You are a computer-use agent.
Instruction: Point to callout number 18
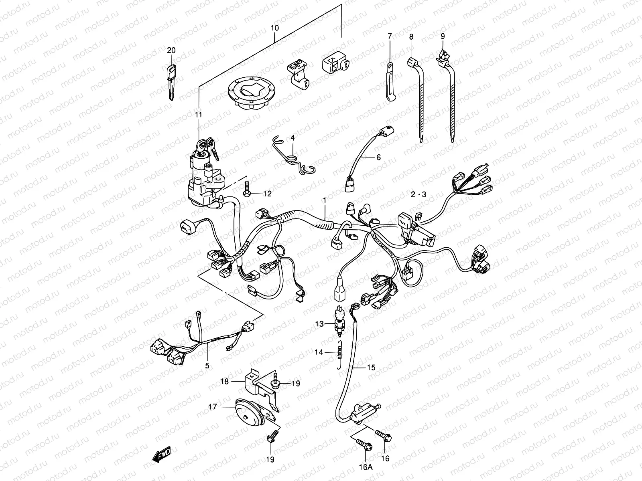click(x=224, y=382)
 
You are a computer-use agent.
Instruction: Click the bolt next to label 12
click(x=247, y=188)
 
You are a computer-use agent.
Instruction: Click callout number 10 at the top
click(x=274, y=28)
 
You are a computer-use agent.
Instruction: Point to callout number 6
click(x=378, y=158)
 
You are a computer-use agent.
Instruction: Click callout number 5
click(x=207, y=366)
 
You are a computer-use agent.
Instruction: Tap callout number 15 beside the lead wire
click(x=371, y=367)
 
